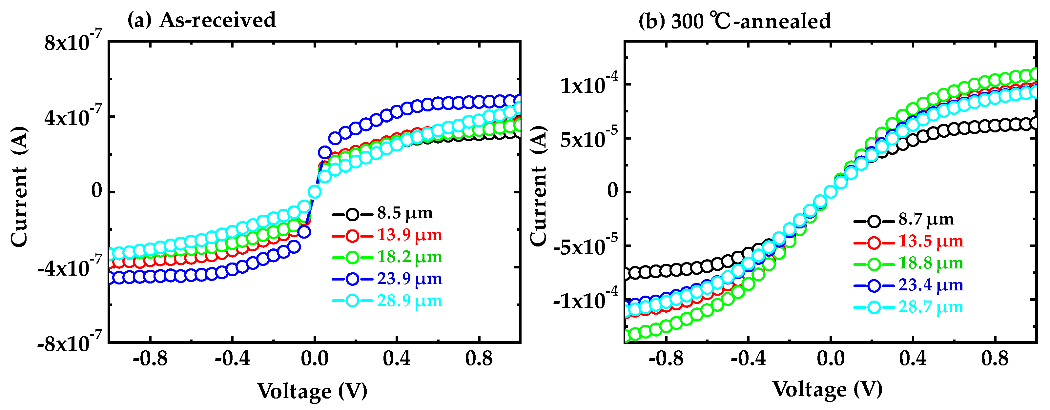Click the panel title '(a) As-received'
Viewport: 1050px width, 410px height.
coord(201,20)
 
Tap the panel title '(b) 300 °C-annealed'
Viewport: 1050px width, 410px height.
coord(734,20)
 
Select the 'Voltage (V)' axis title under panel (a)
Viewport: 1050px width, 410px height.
coord(312,391)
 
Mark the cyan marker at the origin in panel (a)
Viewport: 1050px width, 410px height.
coord(314,191)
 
